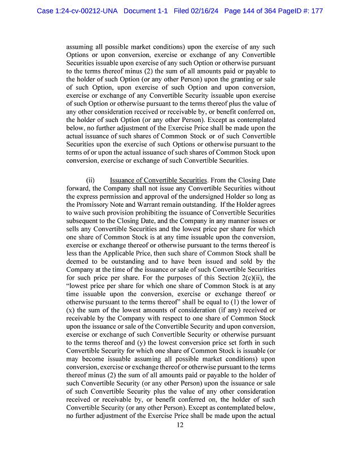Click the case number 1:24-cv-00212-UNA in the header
click(77, 11)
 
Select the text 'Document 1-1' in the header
click(146, 11)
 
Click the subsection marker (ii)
click(90, 180)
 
